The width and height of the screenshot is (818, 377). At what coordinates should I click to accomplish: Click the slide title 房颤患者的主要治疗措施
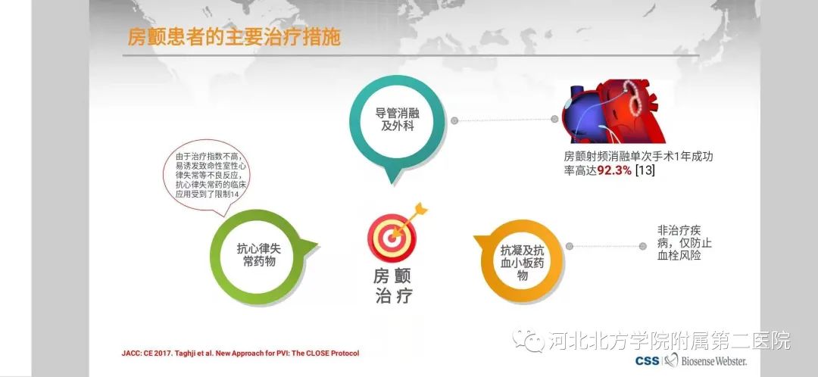click(233, 37)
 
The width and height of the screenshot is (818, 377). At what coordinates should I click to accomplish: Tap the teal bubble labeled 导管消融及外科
click(396, 120)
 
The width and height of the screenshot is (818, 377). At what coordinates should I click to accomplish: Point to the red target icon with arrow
click(395, 230)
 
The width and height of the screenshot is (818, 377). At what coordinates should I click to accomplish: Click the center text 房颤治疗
click(395, 285)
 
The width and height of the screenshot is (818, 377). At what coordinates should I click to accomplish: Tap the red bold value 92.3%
click(614, 171)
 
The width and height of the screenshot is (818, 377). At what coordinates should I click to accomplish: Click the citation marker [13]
click(645, 171)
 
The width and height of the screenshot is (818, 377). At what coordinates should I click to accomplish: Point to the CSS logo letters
click(646, 362)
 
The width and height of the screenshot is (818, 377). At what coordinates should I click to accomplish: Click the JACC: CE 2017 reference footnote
click(239, 354)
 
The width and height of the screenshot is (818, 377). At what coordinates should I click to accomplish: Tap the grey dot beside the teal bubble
click(454, 120)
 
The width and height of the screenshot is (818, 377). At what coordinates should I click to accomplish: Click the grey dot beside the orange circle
click(569, 245)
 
